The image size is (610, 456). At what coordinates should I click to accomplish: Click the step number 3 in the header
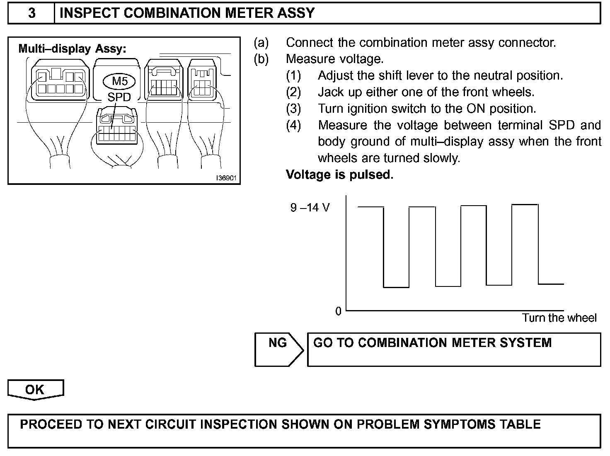pyautogui.click(x=31, y=13)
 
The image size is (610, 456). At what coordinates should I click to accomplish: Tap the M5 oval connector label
pyautogui.click(x=120, y=81)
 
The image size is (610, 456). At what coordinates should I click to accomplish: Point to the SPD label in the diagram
pyautogui.click(x=119, y=97)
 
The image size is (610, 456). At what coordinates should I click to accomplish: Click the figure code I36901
pyautogui.click(x=226, y=178)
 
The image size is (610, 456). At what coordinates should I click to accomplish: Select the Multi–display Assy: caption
pyautogui.click(x=73, y=49)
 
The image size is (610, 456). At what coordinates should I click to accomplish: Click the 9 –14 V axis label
pyautogui.click(x=310, y=207)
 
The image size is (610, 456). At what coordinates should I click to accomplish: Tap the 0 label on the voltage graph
pyautogui.click(x=339, y=311)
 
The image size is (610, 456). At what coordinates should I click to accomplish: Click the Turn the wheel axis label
pyautogui.click(x=559, y=318)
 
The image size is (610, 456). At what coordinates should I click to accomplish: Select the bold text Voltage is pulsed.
pyautogui.click(x=339, y=175)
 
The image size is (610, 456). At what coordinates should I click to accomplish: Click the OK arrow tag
pyautogui.click(x=35, y=390)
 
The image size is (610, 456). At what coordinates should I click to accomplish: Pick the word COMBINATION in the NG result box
pyautogui.click(x=403, y=343)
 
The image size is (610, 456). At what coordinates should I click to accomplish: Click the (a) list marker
pyautogui.click(x=261, y=43)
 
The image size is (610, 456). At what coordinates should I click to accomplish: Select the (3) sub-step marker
pyautogui.click(x=293, y=109)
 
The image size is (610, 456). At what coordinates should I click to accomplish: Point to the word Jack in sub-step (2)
pyautogui.click(x=330, y=92)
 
